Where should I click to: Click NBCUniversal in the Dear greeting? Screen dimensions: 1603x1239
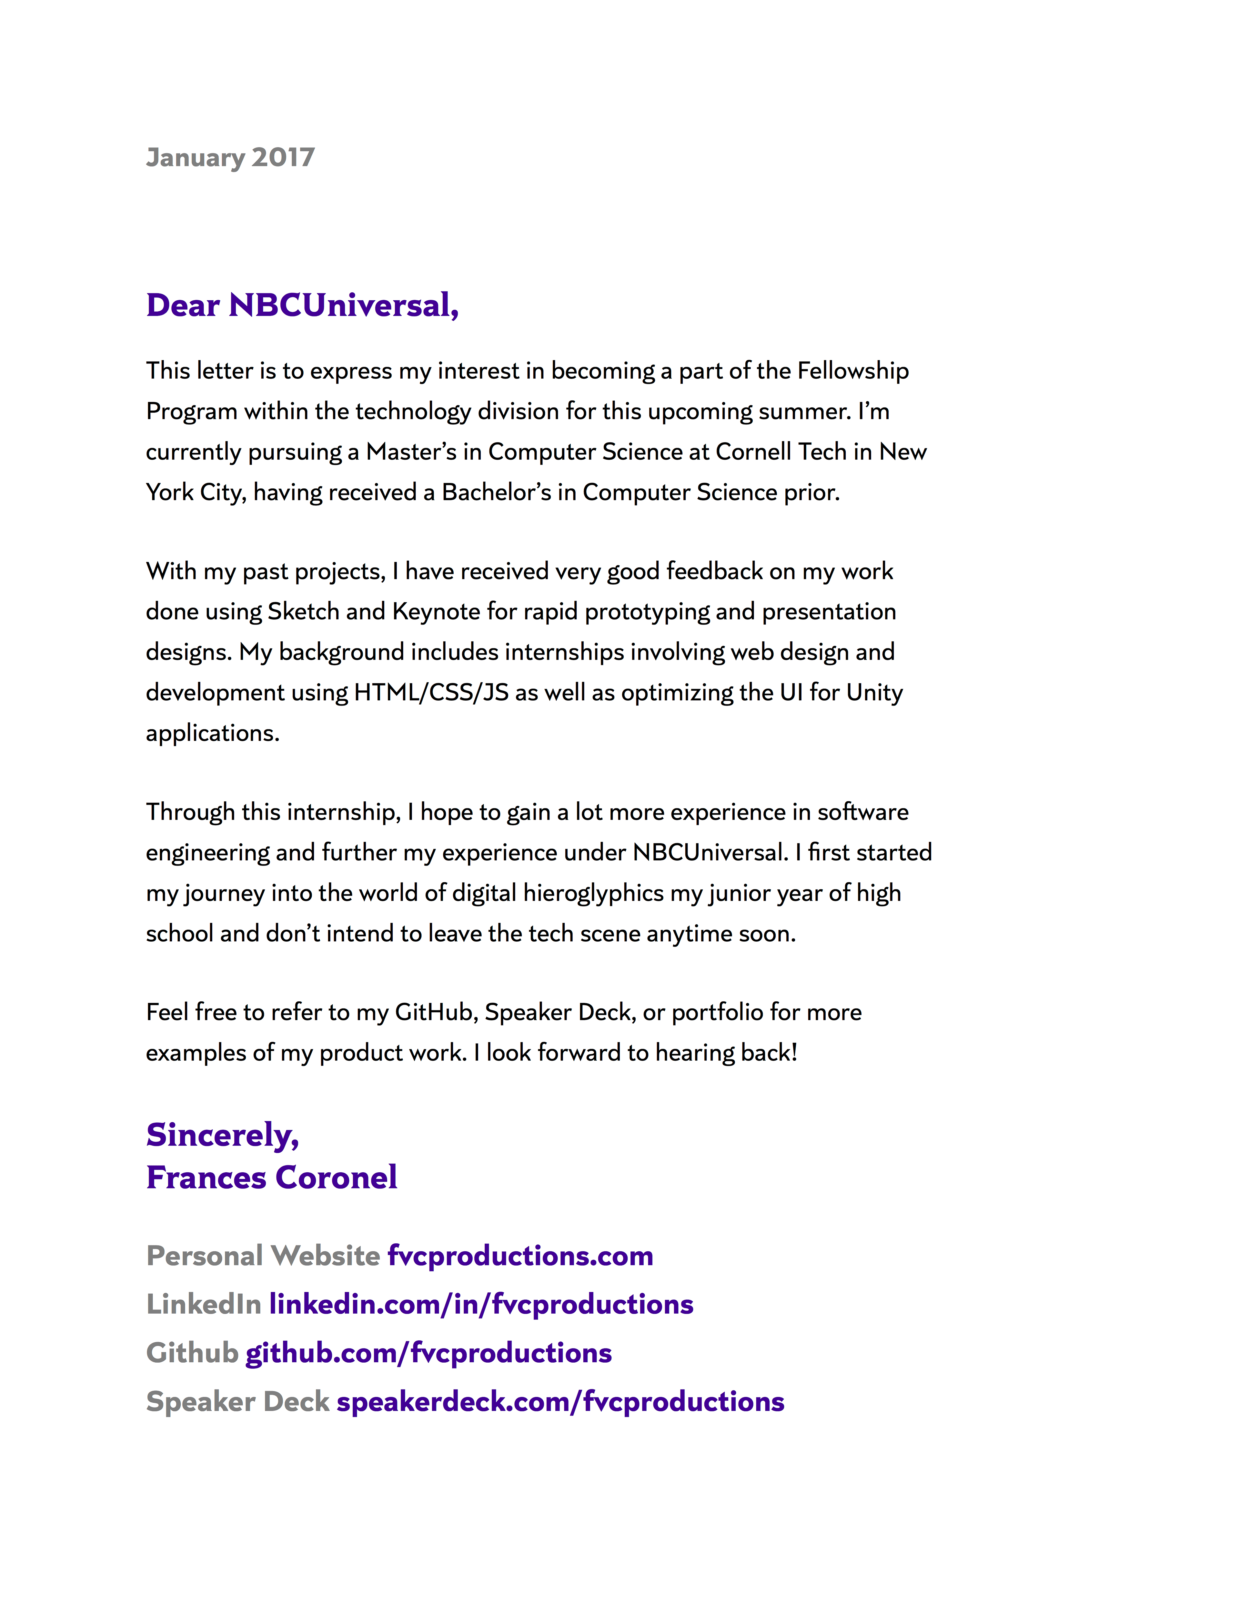(344, 305)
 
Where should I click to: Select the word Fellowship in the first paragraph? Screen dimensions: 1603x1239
(853, 371)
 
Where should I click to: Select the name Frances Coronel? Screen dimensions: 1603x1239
(272, 1177)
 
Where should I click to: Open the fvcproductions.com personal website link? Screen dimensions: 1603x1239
(520, 1256)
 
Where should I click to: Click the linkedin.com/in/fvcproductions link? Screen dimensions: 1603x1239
(481, 1304)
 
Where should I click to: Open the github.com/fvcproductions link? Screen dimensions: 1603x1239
(428, 1353)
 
